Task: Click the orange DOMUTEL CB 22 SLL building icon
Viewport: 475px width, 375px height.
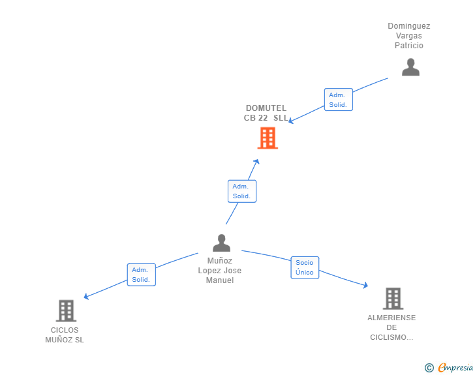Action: [268, 138]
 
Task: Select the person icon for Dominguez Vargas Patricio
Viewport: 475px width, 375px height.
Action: [410, 67]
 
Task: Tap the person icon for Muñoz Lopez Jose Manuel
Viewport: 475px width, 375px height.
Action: [221, 243]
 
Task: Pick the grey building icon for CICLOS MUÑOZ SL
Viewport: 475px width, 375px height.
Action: [66, 311]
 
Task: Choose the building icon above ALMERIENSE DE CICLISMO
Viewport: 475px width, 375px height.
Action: [393, 298]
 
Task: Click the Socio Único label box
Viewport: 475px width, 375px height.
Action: [305, 267]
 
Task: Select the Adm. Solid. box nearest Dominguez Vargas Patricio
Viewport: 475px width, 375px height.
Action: [339, 100]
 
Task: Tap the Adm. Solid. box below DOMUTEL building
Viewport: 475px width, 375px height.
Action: [242, 191]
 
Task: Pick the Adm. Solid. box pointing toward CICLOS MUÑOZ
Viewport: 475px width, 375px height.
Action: [142, 275]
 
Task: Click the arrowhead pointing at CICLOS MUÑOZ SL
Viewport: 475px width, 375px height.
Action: [86, 297]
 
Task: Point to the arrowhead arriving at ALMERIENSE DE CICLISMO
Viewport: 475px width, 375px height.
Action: [365, 285]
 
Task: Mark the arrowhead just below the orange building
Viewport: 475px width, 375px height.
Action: [256, 162]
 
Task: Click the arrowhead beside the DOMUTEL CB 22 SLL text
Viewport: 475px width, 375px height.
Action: [290, 121]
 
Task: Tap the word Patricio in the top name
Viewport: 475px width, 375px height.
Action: [408, 46]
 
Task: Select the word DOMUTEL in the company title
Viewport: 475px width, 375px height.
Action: [266, 108]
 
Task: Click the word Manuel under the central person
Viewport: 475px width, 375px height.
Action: [220, 280]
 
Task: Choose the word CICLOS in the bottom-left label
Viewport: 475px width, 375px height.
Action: [65, 330]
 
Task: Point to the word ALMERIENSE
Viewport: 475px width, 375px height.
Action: [391, 318]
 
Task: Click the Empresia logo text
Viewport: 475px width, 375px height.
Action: [455, 367]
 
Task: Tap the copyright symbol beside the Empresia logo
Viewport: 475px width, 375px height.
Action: [429, 368]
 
